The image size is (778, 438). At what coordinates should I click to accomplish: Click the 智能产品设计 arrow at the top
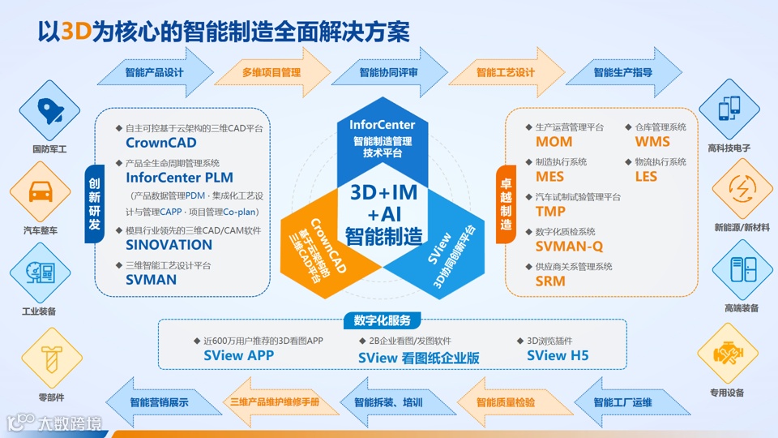(154, 72)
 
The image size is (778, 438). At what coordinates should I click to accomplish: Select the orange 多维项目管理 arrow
(271, 72)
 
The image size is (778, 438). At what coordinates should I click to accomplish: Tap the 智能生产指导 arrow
(622, 72)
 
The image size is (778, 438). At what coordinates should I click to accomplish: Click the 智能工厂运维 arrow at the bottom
(622, 402)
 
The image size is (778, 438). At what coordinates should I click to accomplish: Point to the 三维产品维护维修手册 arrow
(274, 402)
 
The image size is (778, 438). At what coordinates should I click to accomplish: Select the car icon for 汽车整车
(39, 193)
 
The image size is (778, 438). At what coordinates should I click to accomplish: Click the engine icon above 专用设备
(726, 354)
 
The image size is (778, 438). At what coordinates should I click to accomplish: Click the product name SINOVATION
(169, 245)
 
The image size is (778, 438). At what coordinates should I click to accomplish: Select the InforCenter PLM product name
(179, 177)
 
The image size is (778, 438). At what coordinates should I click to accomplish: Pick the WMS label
(652, 142)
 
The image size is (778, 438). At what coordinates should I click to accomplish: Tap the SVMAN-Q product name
(569, 246)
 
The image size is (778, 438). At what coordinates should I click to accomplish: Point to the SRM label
(550, 281)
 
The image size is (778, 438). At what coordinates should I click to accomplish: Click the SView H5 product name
(558, 355)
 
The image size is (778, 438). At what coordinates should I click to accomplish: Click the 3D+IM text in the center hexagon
(384, 194)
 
